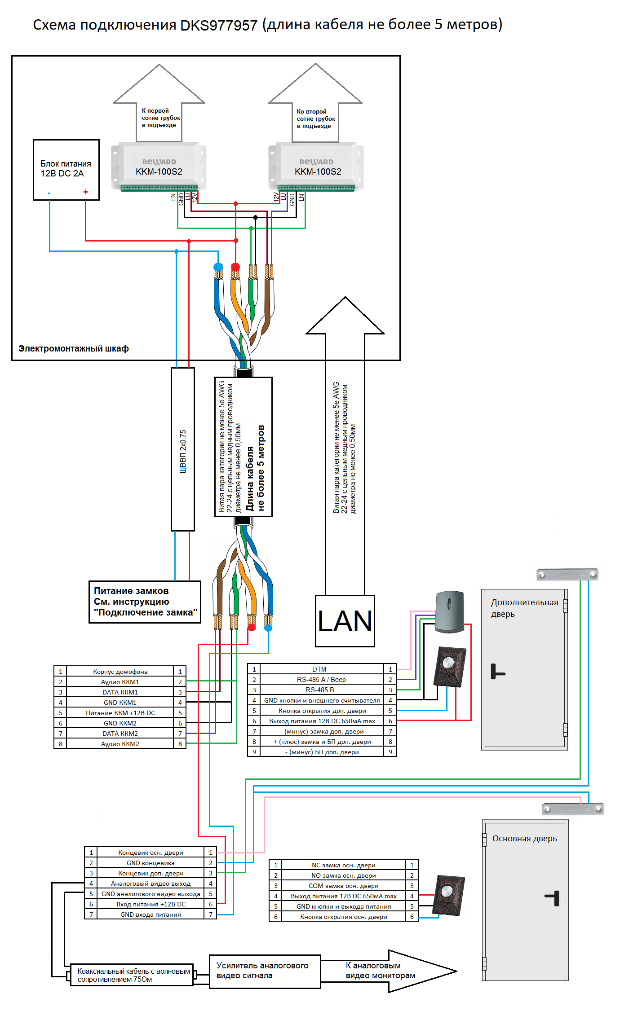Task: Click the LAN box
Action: [345, 621]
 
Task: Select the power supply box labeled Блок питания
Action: [66, 169]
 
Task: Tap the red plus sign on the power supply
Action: [85, 192]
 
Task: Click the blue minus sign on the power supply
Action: [49, 193]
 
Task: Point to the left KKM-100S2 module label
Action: [159, 171]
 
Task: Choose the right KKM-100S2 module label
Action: [318, 171]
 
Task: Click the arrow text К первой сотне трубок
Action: [160, 118]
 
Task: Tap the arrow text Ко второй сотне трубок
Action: [315, 119]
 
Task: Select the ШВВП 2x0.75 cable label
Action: [183, 451]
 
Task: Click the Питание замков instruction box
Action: [145, 602]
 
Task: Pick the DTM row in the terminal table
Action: [319, 669]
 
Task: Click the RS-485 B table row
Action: [319, 690]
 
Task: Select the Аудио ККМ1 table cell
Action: [120, 682]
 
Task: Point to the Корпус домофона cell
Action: [120, 672]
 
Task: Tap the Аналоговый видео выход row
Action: [151, 884]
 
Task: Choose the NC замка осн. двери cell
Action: [343, 865]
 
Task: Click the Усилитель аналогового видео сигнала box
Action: [265, 971]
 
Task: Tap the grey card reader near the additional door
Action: [449, 611]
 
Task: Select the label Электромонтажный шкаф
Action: [74, 348]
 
